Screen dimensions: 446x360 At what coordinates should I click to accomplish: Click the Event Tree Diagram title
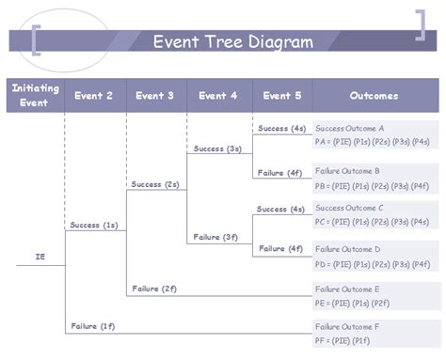232,41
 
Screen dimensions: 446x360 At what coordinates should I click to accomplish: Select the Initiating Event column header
34,96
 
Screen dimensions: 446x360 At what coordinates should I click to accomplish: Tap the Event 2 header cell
94,96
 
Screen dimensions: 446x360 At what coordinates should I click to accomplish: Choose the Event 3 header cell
155,96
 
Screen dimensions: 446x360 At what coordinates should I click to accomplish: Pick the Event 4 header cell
218,96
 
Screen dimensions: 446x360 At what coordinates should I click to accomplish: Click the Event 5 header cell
281,96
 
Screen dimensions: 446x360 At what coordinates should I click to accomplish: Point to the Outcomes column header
374,96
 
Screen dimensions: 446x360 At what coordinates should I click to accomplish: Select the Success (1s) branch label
93,226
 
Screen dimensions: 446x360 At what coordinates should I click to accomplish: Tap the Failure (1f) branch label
92,325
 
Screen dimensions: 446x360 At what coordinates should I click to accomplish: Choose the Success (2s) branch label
155,184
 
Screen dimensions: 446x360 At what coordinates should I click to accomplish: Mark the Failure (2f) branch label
154,288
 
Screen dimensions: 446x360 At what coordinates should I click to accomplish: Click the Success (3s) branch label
217,149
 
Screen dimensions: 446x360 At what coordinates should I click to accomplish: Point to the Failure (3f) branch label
216,237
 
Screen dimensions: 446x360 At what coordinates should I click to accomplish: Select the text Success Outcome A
350,128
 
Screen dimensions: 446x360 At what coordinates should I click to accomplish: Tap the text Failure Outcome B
348,171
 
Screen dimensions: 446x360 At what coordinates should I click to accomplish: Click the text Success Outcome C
350,208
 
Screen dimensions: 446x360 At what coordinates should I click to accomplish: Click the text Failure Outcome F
348,326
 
